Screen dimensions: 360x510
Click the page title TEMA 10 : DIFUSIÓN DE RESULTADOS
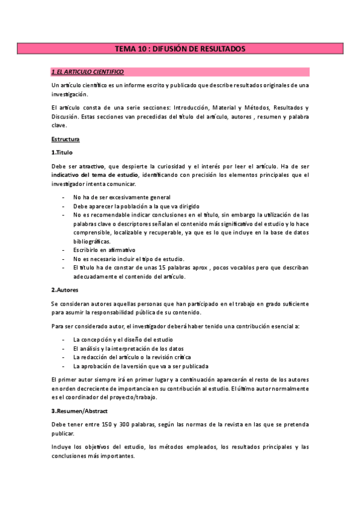(180, 49)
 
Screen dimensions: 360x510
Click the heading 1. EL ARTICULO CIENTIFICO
(88, 72)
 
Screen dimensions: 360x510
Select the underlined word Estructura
(66, 140)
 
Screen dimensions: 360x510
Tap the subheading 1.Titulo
(63, 152)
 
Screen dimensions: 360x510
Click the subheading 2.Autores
(66, 290)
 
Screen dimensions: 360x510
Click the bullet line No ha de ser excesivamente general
(121, 197)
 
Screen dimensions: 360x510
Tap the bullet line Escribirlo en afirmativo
(104, 250)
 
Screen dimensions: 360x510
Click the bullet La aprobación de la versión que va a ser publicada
(141, 366)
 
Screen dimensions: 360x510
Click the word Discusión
(64, 117)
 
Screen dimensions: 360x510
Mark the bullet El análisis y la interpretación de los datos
(128, 348)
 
